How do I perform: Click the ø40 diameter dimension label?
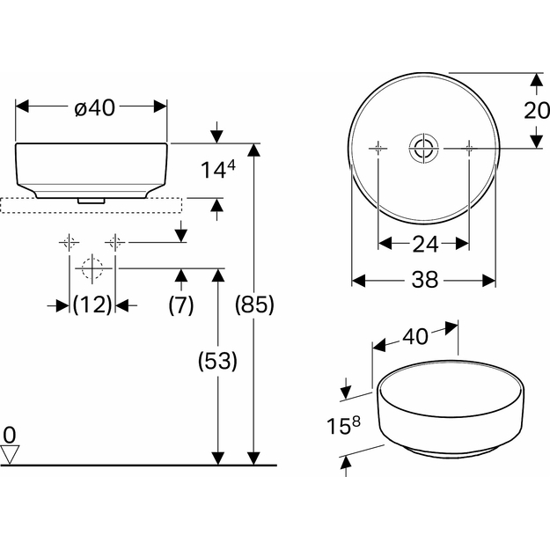95,107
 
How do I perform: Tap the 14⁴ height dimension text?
218,170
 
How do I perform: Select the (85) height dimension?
254,304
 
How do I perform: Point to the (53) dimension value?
218,361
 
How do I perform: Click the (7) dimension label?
181,304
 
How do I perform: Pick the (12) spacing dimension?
92,304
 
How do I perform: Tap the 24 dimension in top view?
425,244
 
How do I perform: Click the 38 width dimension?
425,280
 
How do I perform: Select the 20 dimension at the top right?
537,111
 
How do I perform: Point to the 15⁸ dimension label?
343,425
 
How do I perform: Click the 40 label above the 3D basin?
415,336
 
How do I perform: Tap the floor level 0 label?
10,435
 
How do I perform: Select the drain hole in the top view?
424,149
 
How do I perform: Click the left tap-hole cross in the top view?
378,149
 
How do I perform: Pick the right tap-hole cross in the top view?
470,149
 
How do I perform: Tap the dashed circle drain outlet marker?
92,268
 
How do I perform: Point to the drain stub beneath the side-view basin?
92,201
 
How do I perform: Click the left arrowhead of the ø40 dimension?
22,106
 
